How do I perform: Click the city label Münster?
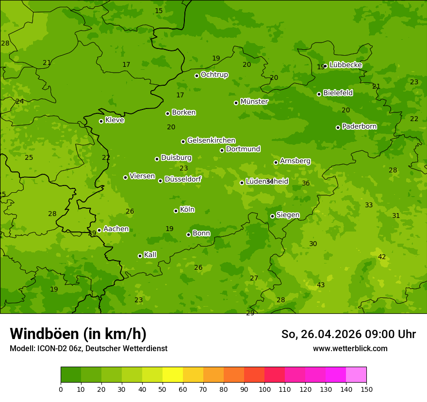tap(254, 102)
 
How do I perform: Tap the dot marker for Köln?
tap(176, 211)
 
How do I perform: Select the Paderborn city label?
tap(359, 126)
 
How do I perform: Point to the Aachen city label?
tap(116, 229)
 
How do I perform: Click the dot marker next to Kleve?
tap(101, 121)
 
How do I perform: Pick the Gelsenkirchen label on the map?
tap(211, 140)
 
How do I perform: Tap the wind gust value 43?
tap(321, 285)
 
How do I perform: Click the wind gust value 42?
tap(382, 257)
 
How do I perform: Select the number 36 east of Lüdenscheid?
tap(306, 183)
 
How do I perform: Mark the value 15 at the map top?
tap(159, 11)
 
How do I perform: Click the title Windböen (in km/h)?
tap(78, 334)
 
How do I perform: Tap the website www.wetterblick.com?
tap(350, 348)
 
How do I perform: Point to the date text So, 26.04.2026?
tap(322, 334)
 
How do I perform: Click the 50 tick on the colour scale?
tap(163, 389)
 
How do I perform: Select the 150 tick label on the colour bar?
tap(366, 389)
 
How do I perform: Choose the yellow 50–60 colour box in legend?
tap(173, 375)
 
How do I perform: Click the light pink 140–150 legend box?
tap(356, 375)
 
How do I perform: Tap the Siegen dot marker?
tap(272, 216)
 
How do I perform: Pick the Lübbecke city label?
tap(345, 65)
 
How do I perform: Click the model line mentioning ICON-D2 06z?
tap(88, 348)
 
